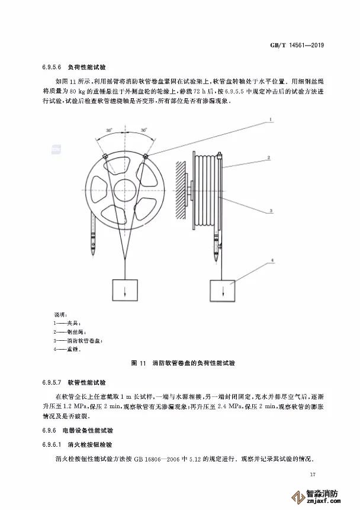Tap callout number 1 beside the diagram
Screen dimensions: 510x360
pos(270,120)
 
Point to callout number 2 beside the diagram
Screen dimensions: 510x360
pos(269,158)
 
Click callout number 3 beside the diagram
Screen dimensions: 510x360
pos(269,210)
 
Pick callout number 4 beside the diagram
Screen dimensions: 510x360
pos(269,259)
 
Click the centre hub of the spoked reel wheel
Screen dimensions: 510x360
pos(124,191)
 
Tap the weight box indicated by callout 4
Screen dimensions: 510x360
pos(224,292)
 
